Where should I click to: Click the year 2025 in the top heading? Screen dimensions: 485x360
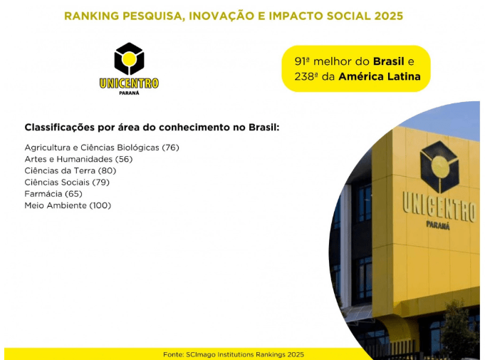pos(388,16)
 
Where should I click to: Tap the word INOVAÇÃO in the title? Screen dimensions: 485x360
pos(221,16)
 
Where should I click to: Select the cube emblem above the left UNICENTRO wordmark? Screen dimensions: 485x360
pos(129,58)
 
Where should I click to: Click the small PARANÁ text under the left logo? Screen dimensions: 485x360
pos(129,93)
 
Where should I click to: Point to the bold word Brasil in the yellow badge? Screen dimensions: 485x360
pos(388,61)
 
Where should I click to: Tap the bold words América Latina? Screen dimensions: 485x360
pos(380,76)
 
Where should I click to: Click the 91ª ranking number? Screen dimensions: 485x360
pos(302,61)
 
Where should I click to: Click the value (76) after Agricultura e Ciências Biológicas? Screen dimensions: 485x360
pos(170,148)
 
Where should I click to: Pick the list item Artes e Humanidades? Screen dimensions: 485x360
pos(68,159)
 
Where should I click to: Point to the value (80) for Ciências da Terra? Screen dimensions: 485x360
pos(107,170)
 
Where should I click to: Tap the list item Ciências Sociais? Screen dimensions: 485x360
pos(57,182)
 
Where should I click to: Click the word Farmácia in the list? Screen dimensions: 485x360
pos(43,194)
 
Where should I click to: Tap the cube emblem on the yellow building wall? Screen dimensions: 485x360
pos(439,167)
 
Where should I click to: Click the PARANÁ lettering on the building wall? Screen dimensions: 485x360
pos(438,225)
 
